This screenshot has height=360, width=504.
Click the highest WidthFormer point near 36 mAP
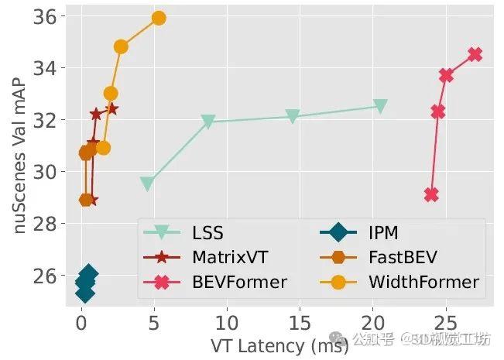tap(159, 18)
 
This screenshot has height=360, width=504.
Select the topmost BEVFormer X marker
tap(475, 54)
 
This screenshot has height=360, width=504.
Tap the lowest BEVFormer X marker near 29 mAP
tap(431, 194)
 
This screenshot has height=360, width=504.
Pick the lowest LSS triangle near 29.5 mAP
tap(146, 183)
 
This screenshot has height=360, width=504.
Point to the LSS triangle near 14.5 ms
tap(293, 116)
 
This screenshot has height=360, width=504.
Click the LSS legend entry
tap(208, 232)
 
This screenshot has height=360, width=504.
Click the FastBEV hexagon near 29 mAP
tap(86, 200)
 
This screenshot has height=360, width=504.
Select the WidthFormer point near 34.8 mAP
tap(121, 46)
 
